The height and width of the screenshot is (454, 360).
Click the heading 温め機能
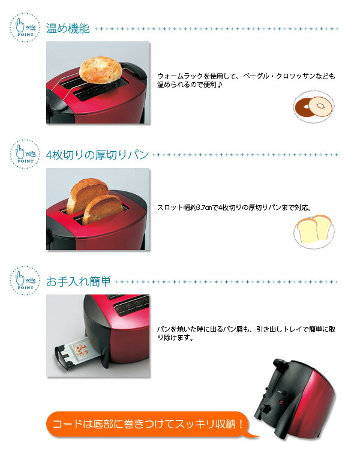point(68,28)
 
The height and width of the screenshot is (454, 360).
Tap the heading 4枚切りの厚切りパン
point(97,155)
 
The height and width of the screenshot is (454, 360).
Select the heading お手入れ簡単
point(79,281)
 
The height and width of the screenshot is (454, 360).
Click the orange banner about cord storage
point(146,425)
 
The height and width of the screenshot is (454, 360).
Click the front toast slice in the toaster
point(103,209)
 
